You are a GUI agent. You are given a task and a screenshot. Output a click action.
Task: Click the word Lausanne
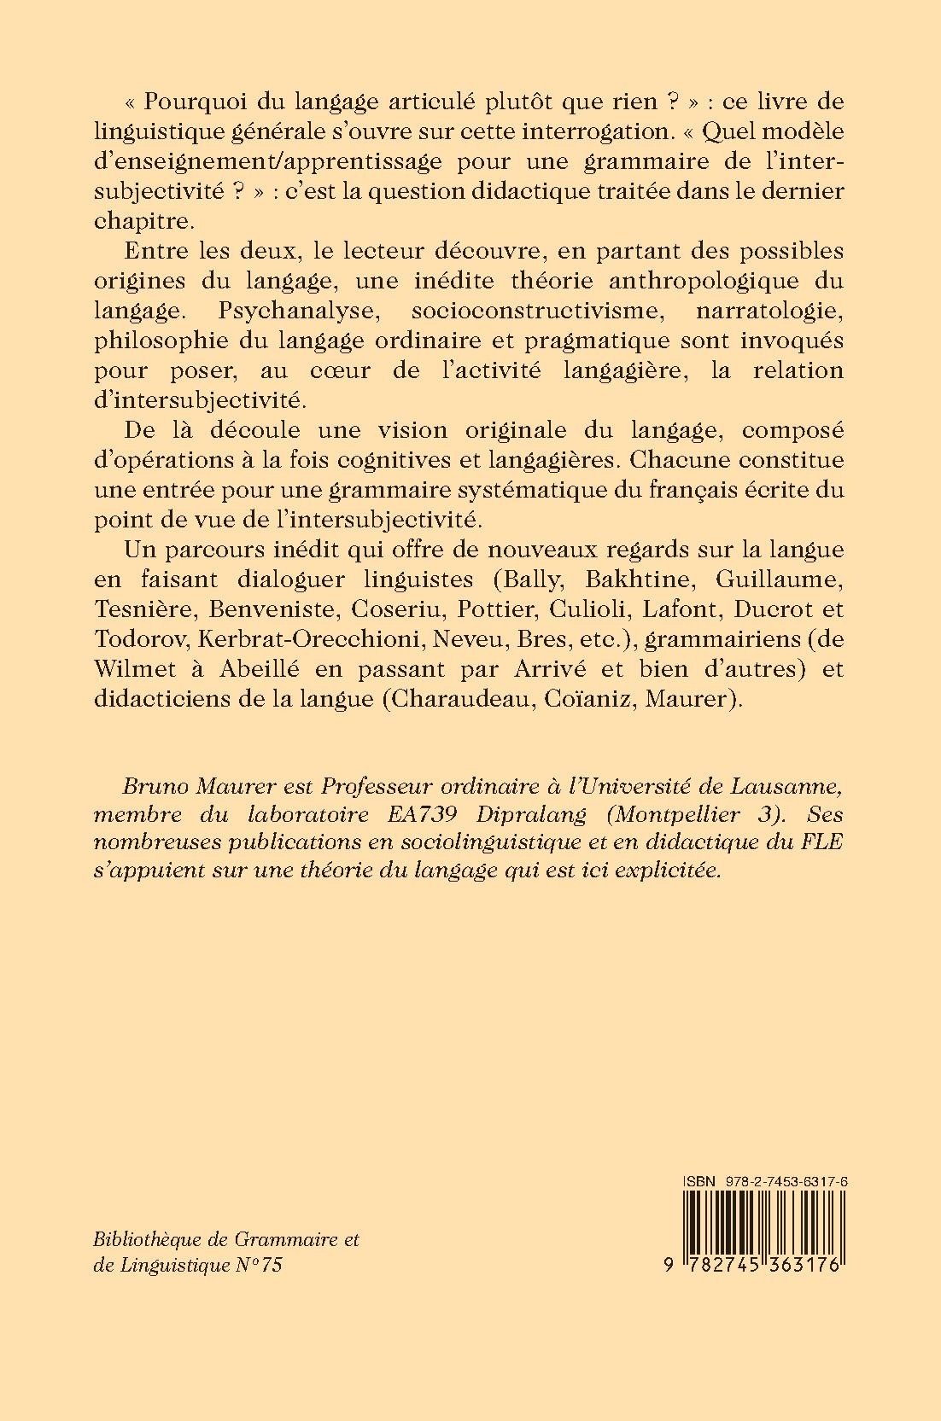[x=788, y=783]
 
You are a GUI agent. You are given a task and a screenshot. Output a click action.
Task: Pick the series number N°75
[x=258, y=1265]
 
